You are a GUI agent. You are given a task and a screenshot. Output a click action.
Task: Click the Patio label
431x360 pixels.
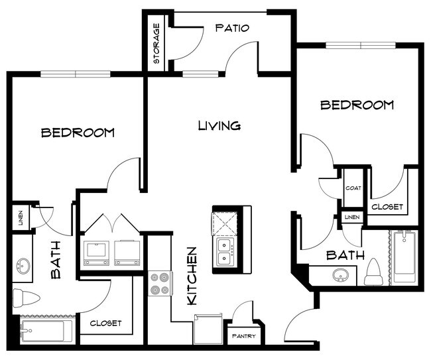[231, 29]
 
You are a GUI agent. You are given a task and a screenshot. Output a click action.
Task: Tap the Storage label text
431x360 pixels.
[157, 44]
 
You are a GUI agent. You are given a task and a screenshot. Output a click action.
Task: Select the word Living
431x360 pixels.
[219, 125]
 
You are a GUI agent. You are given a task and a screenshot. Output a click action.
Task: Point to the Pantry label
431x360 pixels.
[243, 336]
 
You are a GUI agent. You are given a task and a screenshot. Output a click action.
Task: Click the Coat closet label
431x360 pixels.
[352, 188]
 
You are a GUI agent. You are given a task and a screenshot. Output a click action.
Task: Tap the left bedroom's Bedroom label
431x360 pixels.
[78, 133]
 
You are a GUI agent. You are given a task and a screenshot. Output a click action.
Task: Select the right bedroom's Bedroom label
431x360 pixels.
[357, 105]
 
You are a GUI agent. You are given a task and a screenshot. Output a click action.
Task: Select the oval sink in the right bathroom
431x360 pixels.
[342, 274]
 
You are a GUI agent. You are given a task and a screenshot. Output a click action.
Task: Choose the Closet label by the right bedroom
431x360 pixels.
[387, 207]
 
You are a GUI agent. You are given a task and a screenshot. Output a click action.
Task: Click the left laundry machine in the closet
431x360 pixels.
[97, 253]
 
